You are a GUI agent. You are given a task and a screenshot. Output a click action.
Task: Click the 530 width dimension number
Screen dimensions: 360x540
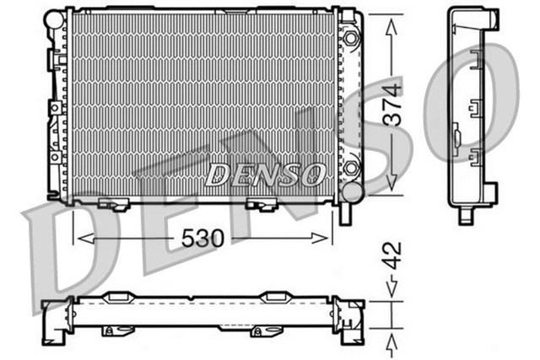click(x=202, y=239)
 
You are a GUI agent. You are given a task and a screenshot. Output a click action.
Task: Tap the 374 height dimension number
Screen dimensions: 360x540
click(x=391, y=105)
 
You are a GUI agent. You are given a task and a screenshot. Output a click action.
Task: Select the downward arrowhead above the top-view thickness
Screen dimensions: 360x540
click(x=391, y=290)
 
